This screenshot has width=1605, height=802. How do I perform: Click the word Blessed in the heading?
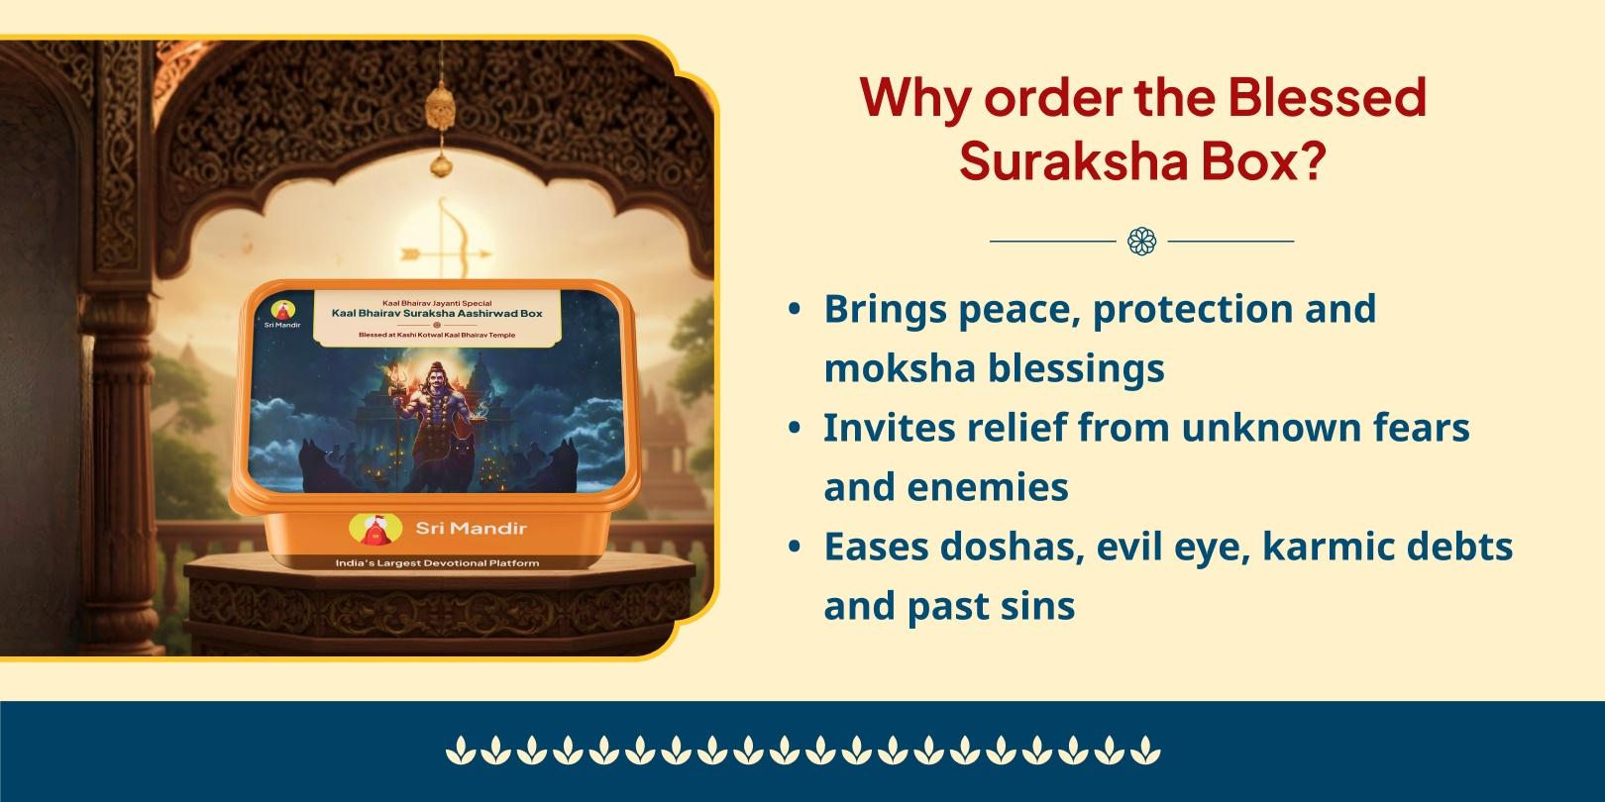[1326, 97]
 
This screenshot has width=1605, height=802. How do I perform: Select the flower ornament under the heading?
[1142, 241]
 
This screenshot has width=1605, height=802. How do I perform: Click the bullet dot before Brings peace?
[794, 310]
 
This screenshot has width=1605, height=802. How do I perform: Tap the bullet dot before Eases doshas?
[794, 548]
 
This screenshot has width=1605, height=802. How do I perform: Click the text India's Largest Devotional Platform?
[436, 563]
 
